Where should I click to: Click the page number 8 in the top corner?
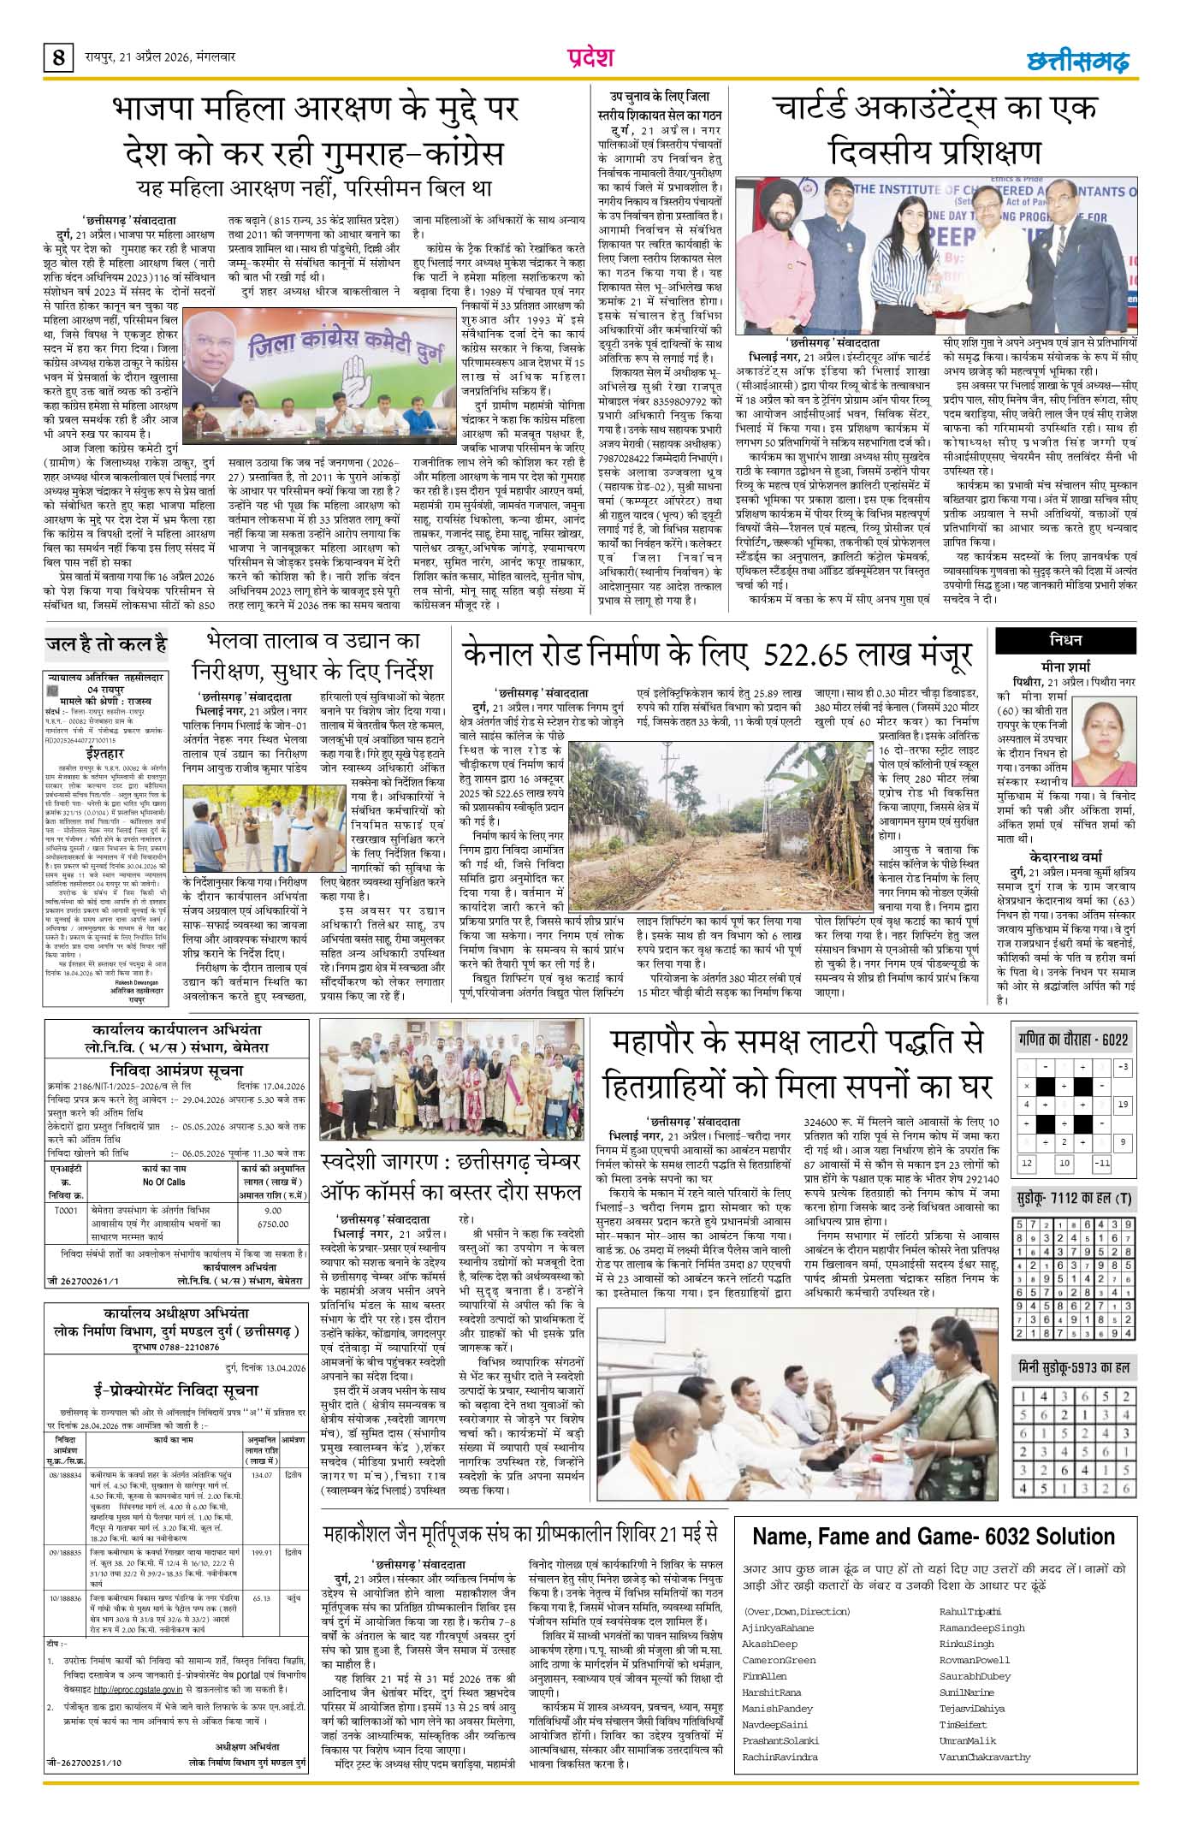pos(58,58)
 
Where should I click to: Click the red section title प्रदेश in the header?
pos(590,57)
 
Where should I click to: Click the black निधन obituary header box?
pos(1065,640)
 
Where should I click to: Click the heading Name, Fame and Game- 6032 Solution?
pos(934,1536)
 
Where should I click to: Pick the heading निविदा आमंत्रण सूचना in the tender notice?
pos(176,1070)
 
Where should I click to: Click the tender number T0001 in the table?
pos(66,1211)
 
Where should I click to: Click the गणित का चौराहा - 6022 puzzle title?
pos(1073,1040)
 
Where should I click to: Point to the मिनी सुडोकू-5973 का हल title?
pos(1075,1366)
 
